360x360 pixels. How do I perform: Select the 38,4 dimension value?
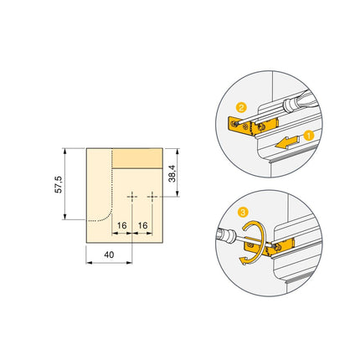point(172,172)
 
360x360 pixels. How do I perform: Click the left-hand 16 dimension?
point(122,226)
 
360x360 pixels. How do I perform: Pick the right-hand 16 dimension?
point(142,226)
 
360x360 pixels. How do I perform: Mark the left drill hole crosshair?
point(132,196)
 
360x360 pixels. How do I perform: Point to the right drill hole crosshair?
point(152,196)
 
